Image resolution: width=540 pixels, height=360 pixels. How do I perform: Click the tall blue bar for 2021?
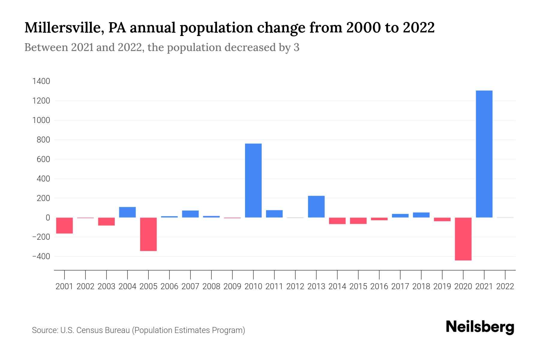click(x=484, y=154)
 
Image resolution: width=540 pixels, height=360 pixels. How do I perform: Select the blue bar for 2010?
click(x=253, y=180)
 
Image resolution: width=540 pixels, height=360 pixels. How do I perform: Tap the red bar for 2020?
click(x=463, y=239)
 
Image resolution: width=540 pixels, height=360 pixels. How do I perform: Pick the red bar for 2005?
click(x=148, y=234)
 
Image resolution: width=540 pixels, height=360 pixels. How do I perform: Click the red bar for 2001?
click(x=64, y=225)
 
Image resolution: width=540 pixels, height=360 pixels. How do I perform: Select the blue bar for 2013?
click(x=316, y=206)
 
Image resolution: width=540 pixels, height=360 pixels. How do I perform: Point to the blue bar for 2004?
click(x=127, y=212)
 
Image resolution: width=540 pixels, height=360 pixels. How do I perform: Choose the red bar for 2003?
click(x=106, y=221)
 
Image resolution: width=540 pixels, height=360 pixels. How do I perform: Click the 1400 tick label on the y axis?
click(x=41, y=81)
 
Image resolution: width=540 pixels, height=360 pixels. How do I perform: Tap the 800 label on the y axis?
click(x=43, y=140)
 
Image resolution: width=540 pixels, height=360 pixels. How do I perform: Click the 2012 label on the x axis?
click(x=295, y=286)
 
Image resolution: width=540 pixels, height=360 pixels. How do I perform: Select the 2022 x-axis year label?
click(x=505, y=286)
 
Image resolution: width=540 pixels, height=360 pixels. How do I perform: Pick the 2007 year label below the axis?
click(x=190, y=286)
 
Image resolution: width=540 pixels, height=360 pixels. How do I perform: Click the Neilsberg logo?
click(x=480, y=327)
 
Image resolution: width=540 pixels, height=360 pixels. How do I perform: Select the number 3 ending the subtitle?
click(x=296, y=47)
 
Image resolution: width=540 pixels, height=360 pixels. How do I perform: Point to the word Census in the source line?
click(x=88, y=330)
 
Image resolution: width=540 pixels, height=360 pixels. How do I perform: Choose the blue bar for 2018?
click(x=421, y=215)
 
